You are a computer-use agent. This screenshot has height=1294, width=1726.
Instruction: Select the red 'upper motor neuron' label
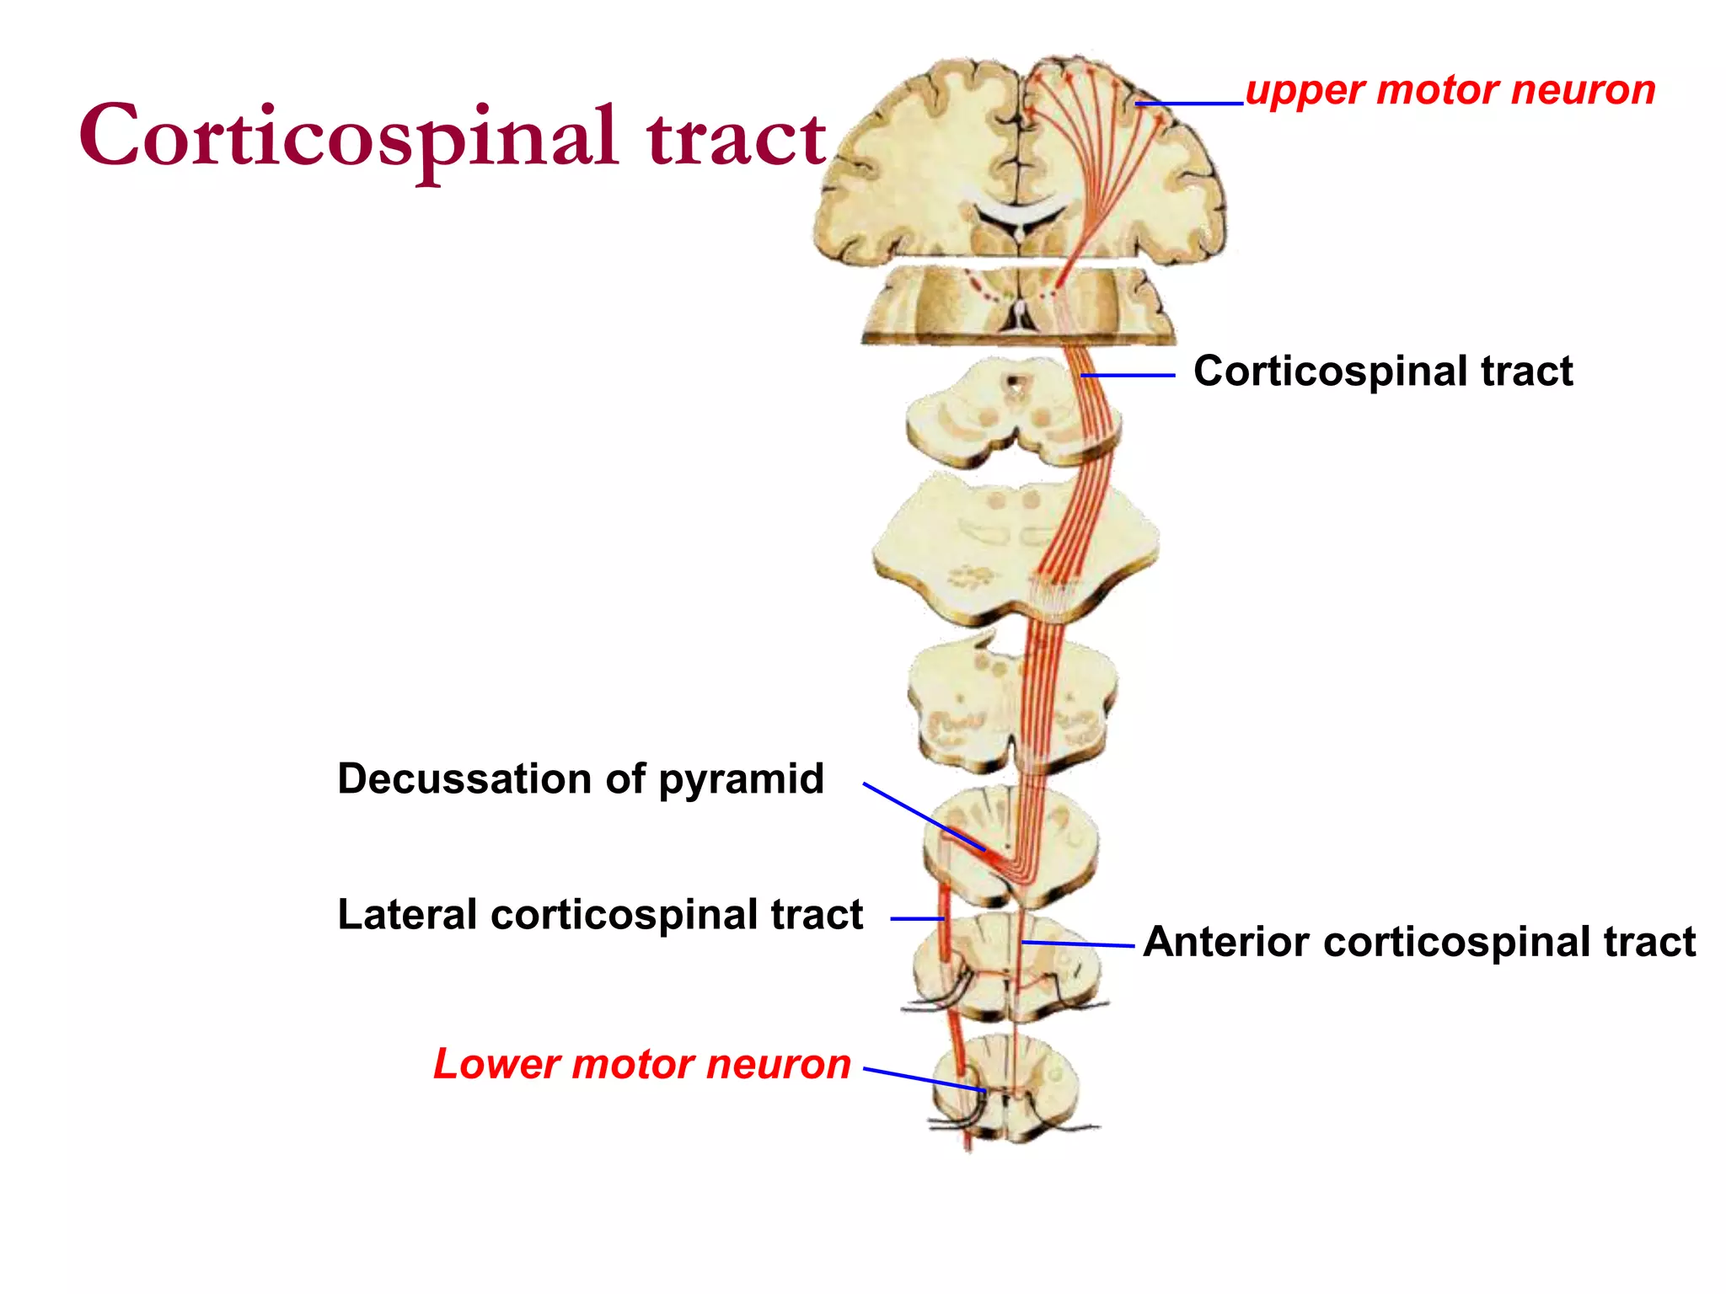point(1450,90)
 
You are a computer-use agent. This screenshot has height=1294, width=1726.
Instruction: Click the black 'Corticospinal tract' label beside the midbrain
point(1383,371)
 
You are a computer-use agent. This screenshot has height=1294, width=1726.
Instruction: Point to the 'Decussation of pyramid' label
point(581,778)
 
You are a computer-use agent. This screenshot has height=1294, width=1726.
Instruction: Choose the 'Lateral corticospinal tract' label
point(600,914)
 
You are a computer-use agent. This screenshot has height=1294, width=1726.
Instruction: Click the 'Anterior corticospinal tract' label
point(1419,941)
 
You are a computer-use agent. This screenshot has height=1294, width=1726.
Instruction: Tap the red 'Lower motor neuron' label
point(642,1063)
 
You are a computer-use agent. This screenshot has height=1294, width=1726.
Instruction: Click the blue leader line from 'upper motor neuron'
point(1189,104)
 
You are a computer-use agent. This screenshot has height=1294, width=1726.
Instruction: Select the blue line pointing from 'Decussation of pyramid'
point(923,816)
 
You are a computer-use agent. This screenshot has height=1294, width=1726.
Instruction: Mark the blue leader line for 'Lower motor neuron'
point(924,1080)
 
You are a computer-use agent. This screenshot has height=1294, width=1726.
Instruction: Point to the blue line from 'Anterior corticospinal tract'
point(1078,944)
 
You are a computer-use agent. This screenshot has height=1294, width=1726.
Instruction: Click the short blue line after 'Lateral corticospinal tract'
point(917,918)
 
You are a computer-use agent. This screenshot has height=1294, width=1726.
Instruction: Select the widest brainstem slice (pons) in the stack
point(1015,548)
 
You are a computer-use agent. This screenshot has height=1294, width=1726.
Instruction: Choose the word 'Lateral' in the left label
point(408,914)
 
